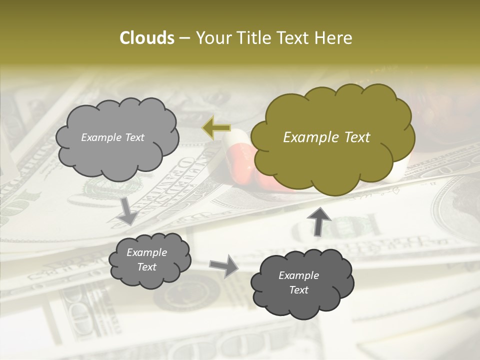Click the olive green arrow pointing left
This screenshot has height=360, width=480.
(x=216, y=128)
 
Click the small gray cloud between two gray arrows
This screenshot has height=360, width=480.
(x=149, y=260)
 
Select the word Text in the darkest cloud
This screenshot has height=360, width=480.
(x=298, y=290)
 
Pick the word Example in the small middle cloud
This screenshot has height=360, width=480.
(x=146, y=252)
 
